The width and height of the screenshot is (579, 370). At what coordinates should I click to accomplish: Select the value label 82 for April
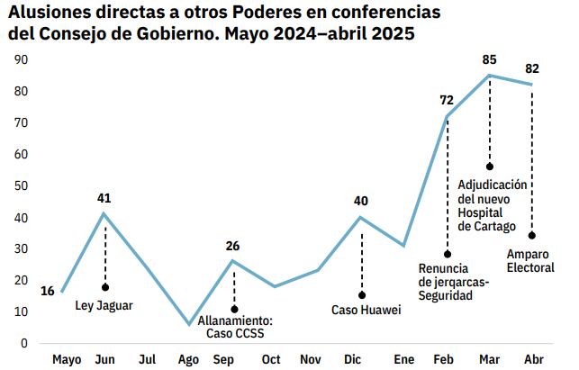pos(532,69)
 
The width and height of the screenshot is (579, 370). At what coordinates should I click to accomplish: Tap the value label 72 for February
pos(447,100)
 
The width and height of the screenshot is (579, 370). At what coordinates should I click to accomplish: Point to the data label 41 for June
pos(105,198)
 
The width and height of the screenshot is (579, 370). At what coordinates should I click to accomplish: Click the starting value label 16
pos(48,290)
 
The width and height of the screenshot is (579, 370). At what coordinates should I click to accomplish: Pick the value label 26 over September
pos(233,246)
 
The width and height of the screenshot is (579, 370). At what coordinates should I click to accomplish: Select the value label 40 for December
pos(361,200)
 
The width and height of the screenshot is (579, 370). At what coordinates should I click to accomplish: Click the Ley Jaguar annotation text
pos(104,305)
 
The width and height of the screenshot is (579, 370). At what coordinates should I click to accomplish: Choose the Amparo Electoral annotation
pos(531,261)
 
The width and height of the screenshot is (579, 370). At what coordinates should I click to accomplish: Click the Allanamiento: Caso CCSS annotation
pos(234,327)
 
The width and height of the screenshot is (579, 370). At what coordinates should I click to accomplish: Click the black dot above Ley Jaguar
pos(105,287)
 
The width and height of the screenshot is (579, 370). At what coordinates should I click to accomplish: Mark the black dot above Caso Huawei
pos(362,294)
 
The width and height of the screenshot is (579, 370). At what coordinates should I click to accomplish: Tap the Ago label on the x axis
pos(188,359)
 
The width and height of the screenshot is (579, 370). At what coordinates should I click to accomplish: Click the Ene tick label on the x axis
pos(404,359)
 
